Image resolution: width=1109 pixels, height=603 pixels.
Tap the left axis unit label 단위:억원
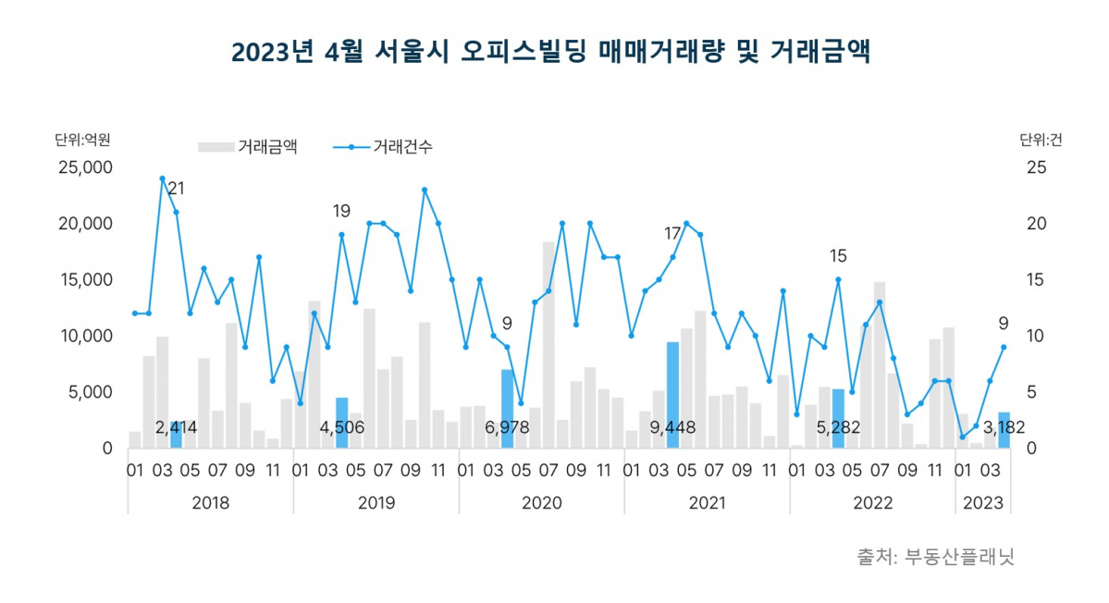pos(82,141)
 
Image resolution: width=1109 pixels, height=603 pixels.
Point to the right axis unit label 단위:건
pos(1041,141)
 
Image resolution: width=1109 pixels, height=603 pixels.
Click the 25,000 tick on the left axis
pos(84,168)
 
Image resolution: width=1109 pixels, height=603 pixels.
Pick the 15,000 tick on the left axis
pos(84,280)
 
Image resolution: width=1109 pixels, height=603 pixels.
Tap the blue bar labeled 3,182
pos(1004,431)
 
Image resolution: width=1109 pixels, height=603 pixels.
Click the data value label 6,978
pos(508,428)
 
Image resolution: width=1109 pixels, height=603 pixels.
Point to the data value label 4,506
pos(342,428)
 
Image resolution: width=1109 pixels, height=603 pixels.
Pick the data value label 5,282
pos(838,428)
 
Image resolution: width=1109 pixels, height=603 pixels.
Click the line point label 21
pos(176,189)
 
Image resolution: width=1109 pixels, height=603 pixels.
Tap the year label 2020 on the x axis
pos(541,503)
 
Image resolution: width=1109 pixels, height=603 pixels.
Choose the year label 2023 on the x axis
pos(982,503)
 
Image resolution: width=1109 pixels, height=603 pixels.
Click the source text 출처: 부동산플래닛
pos(935,558)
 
